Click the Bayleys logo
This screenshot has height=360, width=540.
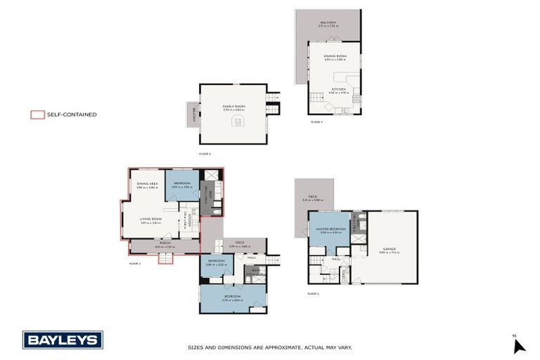[x=63, y=340]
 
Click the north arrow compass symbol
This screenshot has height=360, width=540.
[x=519, y=345]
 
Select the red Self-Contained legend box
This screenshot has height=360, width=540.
[x=37, y=114]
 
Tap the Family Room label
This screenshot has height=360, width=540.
[x=232, y=107]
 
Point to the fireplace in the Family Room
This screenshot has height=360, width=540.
[x=237, y=122]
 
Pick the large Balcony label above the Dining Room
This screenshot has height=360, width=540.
[x=328, y=22]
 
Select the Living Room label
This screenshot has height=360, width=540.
[x=152, y=219]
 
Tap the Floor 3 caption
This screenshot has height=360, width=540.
[x=205, y=153]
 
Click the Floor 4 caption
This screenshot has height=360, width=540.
[x=316, y=122]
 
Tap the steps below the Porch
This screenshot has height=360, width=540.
[x=165, y=259]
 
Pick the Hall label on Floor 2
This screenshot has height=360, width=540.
[x=336, y=258]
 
